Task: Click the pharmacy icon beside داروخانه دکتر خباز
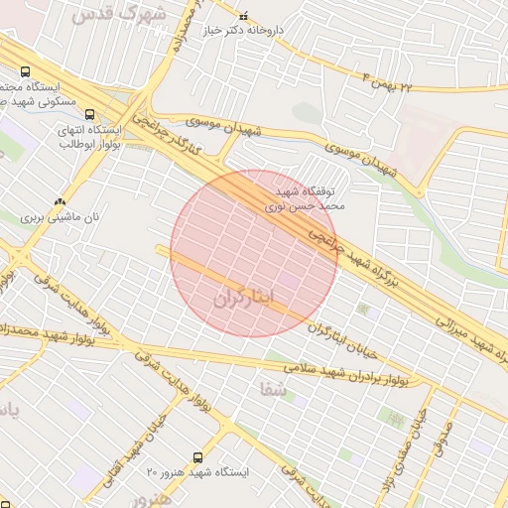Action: pos(244,16)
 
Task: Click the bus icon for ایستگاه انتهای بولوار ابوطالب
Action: pos(90,114)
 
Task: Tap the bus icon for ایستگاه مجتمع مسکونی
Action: pos(25,71)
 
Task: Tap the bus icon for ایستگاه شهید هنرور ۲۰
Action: pos(198,457)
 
